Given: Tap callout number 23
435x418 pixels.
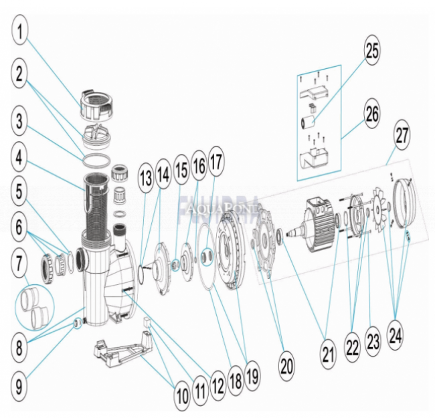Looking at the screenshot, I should (373, 342).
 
